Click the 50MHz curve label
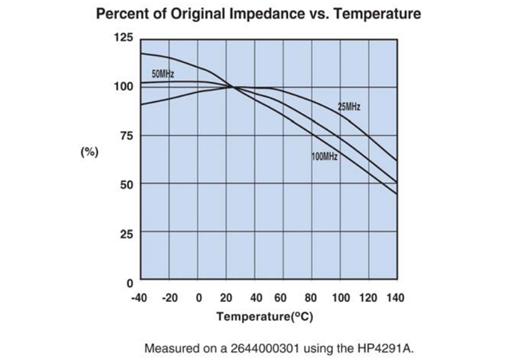pos(163,74)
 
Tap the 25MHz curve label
pos(348,107)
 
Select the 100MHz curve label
pos(324,156)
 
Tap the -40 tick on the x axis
pos(140,297)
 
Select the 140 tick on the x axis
pos(394,297)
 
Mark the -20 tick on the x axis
pos(170,297)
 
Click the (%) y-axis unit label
pos(90,152)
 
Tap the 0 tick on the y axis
pos(129,282)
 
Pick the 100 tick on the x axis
pos(341,297)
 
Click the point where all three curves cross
pos(233,88)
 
